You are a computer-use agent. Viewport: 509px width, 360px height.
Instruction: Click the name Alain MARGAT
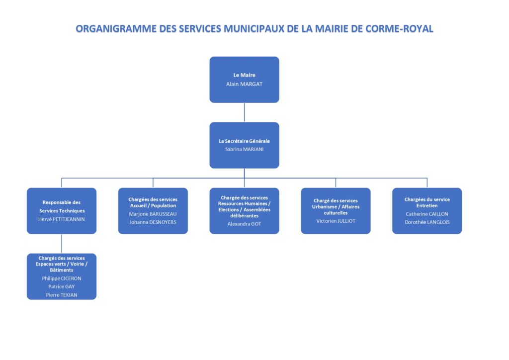click(244, 84)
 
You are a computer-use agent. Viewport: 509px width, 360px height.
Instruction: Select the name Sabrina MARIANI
click(244, 149)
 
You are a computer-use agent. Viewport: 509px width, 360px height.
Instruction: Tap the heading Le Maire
click(244, 75)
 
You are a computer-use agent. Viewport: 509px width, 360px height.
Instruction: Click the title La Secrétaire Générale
click(244, 141)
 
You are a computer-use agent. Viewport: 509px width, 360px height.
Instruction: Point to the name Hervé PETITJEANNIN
click(61, 219)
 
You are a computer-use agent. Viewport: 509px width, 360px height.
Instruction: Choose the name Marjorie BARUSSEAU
click(153, 214)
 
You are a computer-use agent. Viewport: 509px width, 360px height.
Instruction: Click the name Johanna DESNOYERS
click(153, 222)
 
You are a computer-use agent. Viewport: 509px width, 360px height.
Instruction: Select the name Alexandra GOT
click(244, 224)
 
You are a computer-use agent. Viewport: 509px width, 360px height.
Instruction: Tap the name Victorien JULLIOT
click(336, 221)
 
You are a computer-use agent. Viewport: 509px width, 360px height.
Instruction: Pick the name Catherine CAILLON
click(427, 214)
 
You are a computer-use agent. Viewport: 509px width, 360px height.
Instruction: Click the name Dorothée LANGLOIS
click(427, 222)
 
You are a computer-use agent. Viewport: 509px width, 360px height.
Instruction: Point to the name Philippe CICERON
click(61, 278)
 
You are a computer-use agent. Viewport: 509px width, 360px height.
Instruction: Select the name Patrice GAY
click(61, 286)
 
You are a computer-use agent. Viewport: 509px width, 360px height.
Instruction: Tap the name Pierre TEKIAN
click(61, 295)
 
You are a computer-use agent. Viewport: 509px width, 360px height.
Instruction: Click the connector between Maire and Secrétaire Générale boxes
click(244, 112)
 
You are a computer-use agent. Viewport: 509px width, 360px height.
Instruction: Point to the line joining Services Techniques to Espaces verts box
click(61, 244)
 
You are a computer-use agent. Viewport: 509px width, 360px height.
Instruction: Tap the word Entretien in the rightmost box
click(427, 205)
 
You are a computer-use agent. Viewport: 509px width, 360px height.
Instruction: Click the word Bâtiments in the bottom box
click(61, 270)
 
